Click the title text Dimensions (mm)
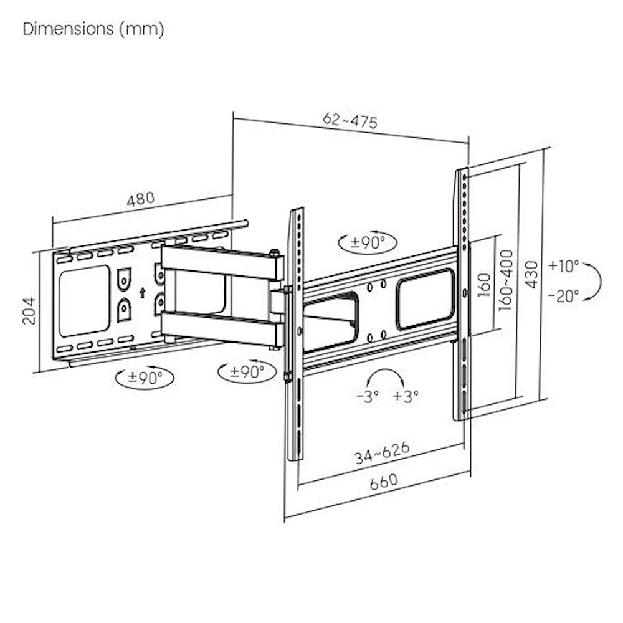[93, 29]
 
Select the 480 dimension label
[140, 200]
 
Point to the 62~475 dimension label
[350, 120]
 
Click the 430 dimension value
[531, 274]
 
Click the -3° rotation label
[368, 396]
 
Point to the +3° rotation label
[406, 396]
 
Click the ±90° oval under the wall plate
[145, 378]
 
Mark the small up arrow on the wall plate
[142, 292]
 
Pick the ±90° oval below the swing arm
[247, 372]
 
